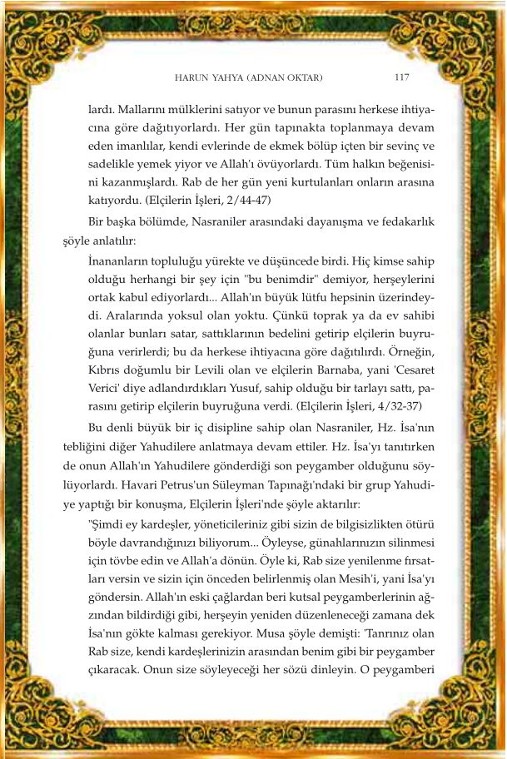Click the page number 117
point(400,77)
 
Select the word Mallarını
point(141,108)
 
